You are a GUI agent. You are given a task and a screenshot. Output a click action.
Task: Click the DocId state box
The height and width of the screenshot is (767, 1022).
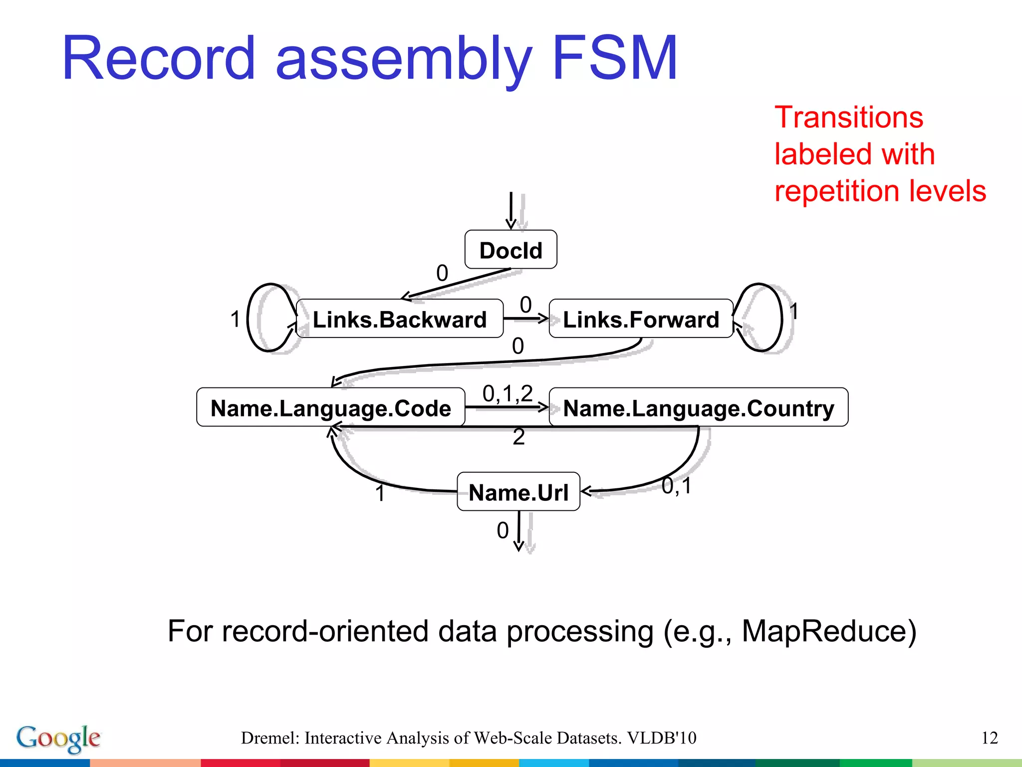[511, 250]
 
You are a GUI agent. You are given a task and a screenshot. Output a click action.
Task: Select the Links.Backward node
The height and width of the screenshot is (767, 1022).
[399, 319]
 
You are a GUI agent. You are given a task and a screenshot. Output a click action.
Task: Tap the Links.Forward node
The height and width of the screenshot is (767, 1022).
[641, 319]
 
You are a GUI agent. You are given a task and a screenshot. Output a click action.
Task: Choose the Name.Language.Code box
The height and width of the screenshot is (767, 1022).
[330, 407]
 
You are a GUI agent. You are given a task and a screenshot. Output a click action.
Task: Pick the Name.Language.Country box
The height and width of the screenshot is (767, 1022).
[698, 407]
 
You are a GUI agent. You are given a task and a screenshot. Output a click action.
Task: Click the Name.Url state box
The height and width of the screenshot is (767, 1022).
[518, 492]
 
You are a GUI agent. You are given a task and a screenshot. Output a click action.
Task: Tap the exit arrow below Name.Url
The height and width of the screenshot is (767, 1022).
[519, 532]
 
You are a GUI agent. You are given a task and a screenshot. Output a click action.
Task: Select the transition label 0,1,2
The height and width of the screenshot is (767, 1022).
[507, 393]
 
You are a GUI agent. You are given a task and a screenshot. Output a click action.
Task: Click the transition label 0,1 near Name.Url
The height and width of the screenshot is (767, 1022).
[676, 485]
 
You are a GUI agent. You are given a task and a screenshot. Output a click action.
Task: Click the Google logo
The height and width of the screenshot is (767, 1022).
[58, 738]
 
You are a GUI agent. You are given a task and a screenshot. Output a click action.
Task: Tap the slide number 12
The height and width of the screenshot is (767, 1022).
[989, 738]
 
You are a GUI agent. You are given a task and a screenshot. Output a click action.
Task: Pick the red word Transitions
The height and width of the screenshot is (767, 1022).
[848, 118]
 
